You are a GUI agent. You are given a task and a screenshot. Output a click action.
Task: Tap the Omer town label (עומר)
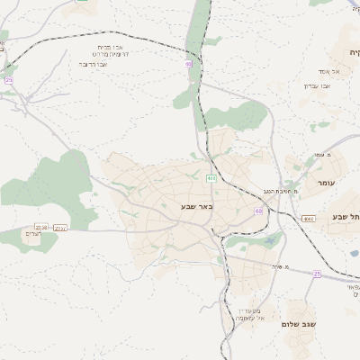click(x=326, y=183)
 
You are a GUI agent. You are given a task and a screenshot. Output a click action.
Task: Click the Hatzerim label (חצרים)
click(x=33, y=234)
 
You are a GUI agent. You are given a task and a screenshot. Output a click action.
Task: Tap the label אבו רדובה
click(x=94, y=65)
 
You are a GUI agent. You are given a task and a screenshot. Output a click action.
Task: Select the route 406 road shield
click(x=211, y=178)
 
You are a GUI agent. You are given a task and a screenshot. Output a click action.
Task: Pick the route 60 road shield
click(x=258, y=211)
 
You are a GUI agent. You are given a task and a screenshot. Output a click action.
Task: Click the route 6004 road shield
click(x=309, y=219)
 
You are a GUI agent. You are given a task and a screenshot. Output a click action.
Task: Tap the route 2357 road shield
click(x=61, y=228)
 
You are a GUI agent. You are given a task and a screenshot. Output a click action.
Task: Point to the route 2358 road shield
click(x=40, y=227)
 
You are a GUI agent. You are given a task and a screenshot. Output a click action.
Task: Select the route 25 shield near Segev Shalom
click(x=317, y=273)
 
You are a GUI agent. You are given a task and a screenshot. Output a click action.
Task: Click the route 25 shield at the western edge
click(x=9, y=80)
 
